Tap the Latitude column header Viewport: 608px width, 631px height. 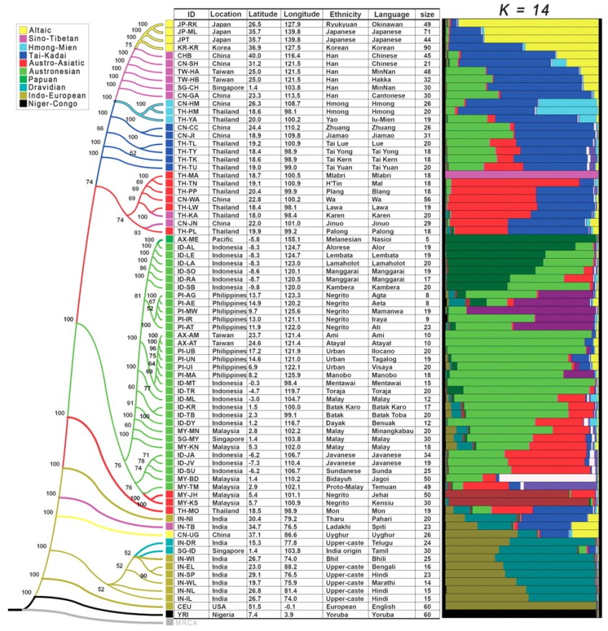click(x=263, y=14)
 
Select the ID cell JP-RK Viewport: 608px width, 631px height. click(x=187, y=24)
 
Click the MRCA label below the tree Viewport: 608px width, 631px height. click(x=186, y=622)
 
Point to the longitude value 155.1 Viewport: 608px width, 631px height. click(x=301, y=239)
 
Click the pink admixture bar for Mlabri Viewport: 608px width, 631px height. click(x=521, y=174)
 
